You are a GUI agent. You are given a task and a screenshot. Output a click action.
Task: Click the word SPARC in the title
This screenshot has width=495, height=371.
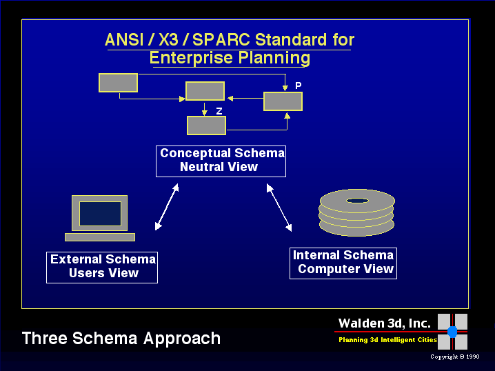pyautogui.click(x=221, y=40)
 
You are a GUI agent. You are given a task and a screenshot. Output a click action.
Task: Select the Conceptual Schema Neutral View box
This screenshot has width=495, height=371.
pyautogui.click(x=221, y=161)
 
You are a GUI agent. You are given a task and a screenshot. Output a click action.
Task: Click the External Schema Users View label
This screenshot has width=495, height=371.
pyautogui.click(x=102, y=268)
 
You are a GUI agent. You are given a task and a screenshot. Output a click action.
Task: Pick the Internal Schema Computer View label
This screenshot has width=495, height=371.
pyautogui.click(x=343, y=263)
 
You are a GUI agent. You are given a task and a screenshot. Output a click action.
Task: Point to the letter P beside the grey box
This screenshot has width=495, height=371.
pyautogui.click(x=298, y=86)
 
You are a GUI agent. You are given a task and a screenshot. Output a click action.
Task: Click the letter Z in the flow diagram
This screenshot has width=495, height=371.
pyautogui.click(x=219, y=111)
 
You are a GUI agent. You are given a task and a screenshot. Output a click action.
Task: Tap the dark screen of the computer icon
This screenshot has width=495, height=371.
pyautogui.click(x=100, y=214)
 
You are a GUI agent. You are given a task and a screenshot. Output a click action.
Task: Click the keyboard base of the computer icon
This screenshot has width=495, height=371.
pyautogui.click(x=100, y=237)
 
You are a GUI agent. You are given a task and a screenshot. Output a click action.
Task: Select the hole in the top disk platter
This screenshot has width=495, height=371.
pyautogui.click(x=357, y=201)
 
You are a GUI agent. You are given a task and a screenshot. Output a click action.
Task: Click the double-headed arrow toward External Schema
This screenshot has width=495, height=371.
pyautogui.click(x=167, y=207)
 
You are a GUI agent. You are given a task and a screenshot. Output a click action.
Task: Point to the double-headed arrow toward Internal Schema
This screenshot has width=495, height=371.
pyautogui.click(x=279, y=208)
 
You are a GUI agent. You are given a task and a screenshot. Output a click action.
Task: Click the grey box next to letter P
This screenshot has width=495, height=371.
pyautogui.click(x=283, y=101)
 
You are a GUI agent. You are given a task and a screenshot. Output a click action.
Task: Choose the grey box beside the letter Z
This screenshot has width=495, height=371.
pyautogui.click(x=206, y=126)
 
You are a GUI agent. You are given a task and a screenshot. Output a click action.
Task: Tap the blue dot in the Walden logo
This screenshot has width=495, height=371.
pyautogui.click(x=452, y=332)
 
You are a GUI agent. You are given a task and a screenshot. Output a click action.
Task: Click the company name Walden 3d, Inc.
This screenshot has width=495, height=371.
pyautogui.click(x=385, y=323)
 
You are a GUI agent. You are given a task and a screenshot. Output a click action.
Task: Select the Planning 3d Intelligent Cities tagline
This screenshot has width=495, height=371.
pyautogui.click(x=387, y=340)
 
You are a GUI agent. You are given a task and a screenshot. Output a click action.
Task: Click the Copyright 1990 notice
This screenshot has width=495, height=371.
pyautogui.click(x=454, y=357)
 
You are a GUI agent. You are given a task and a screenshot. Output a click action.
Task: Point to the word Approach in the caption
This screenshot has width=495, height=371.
pyautogui.click(x=182, y=339)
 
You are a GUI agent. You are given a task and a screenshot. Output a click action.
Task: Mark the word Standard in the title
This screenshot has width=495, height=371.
pyautogui.click(x=291, y=40)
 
